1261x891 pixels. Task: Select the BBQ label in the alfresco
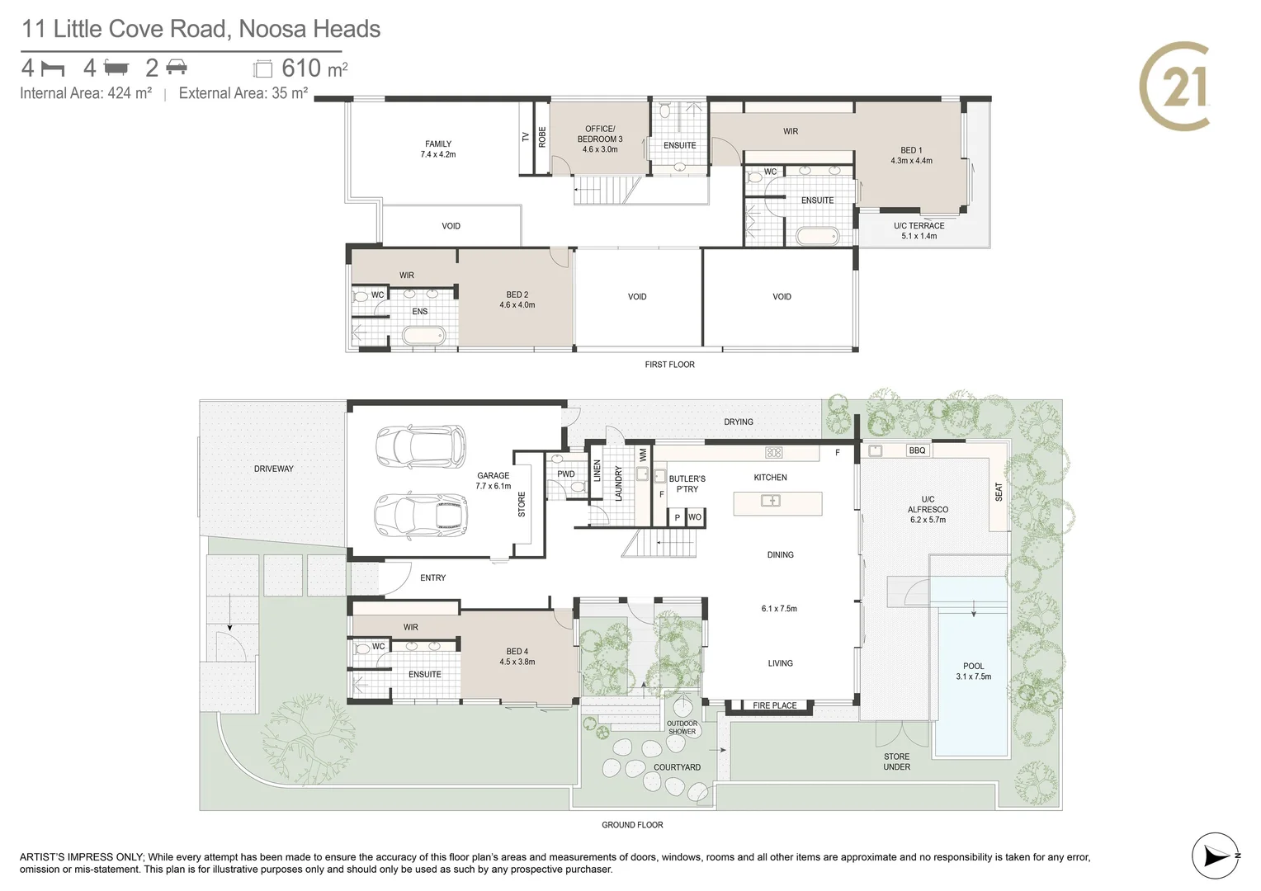[x=917, y=450]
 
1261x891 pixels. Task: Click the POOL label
[x=973, y=666]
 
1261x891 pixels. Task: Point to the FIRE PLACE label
[x=775, y=705]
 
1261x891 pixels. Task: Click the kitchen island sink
[x=771, y=501]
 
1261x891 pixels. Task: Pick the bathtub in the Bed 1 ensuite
[x=818, y=237]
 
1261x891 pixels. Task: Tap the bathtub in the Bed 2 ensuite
[x=424, y=336]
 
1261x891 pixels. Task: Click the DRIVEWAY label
[x=274, y=469]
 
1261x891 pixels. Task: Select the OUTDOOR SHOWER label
[x=682, y=727]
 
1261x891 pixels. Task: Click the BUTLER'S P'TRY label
[x=687, y=484]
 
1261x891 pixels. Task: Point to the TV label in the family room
[x=526, y=137]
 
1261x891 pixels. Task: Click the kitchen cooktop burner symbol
[x=773, y=452]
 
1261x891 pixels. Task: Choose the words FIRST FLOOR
[x=670, y=365]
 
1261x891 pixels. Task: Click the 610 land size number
[x=302, y=68]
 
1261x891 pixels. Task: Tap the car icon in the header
[x=177, y=68]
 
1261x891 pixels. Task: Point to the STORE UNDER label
[x=897, y=761]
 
